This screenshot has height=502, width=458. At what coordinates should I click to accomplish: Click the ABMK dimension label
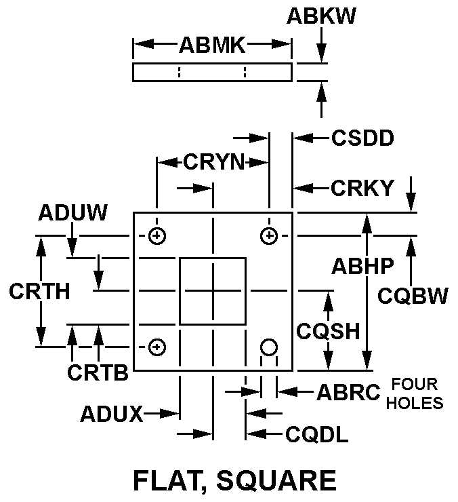tap(212, 45)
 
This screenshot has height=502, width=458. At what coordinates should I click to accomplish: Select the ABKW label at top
tap(321, 16)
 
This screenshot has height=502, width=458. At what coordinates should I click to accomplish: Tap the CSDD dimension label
tap(362, 138)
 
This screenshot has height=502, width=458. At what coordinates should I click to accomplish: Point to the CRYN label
tap(214, 162)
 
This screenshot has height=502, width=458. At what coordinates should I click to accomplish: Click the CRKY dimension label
tap(362, 188)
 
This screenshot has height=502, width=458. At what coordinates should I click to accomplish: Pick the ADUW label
tap(72, 213)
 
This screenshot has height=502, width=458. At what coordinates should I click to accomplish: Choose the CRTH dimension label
tap(39, 291)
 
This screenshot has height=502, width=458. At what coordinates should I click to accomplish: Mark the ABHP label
tap(362, 266)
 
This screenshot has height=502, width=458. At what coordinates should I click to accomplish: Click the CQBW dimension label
tap(413, 296)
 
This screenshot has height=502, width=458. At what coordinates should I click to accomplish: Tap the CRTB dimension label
tap(98, 372)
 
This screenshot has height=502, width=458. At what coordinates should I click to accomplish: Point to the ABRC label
tap(348, 392)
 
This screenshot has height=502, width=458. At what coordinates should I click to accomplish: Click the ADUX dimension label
tap(110, 414)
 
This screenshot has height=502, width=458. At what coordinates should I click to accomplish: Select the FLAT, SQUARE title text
tap(234, 480)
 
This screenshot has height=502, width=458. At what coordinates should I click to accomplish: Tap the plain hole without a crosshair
tap(269, 347)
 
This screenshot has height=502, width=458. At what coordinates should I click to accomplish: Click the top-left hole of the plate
tap(157, 235)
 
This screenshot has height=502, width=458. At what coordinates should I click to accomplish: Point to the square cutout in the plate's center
tap(213, 290)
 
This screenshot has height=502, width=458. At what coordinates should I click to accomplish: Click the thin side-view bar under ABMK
tap(212, 72)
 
